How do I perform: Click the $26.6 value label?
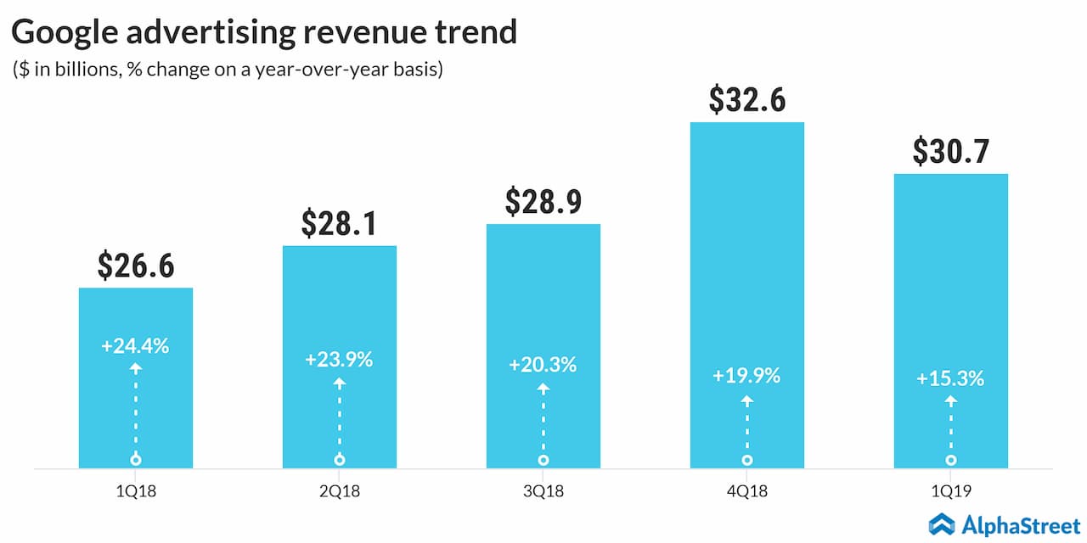(x=136, y=266)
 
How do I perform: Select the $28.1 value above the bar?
(x=340, y=223)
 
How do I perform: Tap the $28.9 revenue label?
(x=543, y=202)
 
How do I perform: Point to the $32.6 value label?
(x=747, y=100)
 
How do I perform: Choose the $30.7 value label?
(x=951, y=151)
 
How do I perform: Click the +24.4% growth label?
(x=136, y=346)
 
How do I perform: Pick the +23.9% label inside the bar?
(x=340, y=359)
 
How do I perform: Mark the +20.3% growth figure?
(x=543, y=365)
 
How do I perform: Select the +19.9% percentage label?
(x=747, y=375)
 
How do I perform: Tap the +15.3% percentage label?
(x=951, y=378)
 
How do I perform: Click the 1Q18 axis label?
(x=136, y=491)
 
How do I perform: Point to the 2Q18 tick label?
(x=340, y=491)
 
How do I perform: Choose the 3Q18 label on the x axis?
(x=543, y=491)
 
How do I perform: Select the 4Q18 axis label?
(x=747, y=491)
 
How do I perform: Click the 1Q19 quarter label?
(x=951, y=491)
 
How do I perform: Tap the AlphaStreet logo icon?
(x=942, y=523)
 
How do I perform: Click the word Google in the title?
(x=70, y=32)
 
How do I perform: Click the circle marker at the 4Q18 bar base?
(x=747, y=460)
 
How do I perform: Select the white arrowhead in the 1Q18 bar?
(x=136, y=368)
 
